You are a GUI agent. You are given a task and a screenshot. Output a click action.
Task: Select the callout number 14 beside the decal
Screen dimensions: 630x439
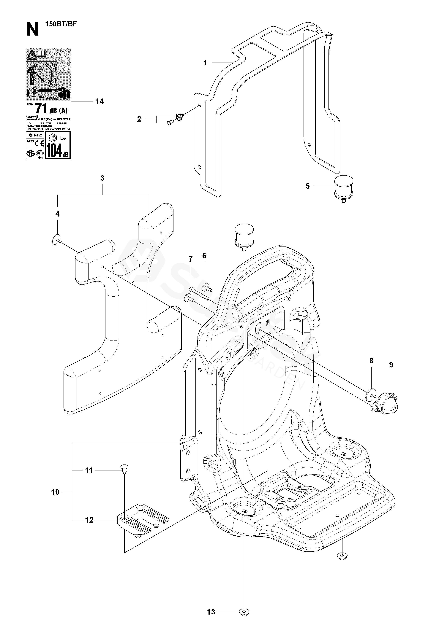pos(99,101)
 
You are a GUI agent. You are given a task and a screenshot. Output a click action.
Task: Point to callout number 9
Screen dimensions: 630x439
pos(391,365)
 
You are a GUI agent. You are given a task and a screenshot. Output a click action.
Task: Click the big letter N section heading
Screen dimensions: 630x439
pos(32,29)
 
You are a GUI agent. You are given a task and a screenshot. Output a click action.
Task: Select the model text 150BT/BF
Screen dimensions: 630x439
pos(61,24)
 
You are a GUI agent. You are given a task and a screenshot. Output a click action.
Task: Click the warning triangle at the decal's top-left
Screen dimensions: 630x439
pos(31,55)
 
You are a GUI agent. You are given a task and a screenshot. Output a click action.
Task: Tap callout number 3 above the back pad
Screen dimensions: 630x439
pos(102,178)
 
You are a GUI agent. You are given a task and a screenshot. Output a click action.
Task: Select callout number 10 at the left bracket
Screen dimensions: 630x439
pos(55,492)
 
